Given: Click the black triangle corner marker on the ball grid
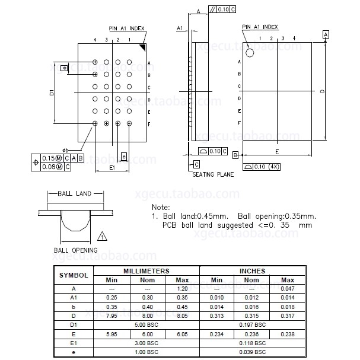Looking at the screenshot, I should [142, 47].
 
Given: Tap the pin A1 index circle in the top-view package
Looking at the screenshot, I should [250, 53].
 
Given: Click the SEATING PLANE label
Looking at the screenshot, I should [213, 174].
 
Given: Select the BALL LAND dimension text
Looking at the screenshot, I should [74, 193].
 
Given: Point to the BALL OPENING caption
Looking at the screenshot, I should [76, 250].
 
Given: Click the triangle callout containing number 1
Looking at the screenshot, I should [102, 237].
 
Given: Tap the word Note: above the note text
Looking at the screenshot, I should [161, 207].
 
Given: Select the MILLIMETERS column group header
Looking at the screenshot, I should [146, 271].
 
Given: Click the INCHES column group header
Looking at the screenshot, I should [252, 271].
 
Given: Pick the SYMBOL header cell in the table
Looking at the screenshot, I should [74, 275].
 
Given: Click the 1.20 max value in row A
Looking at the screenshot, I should [183, 289].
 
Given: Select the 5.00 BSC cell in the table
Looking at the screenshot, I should [146, 325].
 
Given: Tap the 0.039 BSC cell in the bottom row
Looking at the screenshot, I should [252, 352].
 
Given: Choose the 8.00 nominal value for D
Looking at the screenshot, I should [146, 316].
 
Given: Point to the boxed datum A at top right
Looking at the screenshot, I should [325, 35].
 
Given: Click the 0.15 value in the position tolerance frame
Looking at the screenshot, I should [49, 158].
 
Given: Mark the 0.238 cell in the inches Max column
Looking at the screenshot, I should [288, 334].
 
